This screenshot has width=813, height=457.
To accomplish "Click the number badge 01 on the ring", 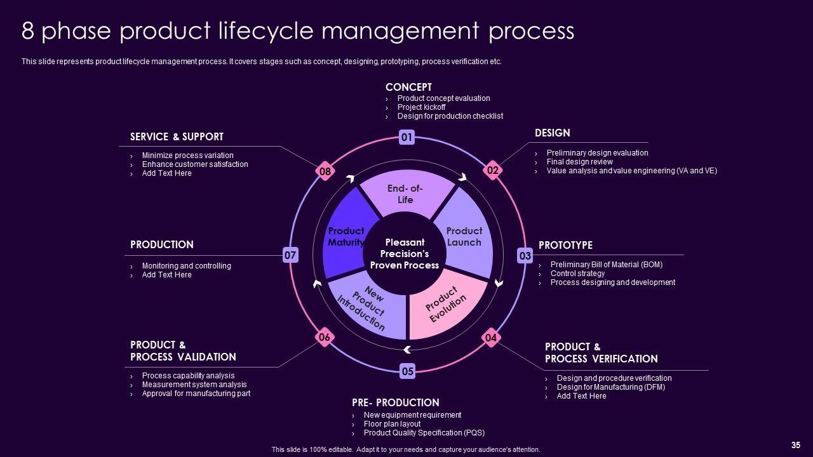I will click(x=407, y=137).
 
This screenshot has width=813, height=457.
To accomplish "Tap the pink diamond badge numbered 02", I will click(x=492, y=170).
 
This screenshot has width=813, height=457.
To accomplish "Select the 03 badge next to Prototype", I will click(x=525, y=256).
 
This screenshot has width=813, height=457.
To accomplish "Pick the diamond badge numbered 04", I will click(x=491, y=338).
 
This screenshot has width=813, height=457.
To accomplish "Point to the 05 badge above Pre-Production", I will click(x=407, y=371).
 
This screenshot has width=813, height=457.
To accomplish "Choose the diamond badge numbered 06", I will click(x=324, y=338).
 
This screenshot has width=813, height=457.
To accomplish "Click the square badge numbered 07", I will click(x=290, y=255).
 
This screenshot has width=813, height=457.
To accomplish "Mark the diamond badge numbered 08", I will click(x=325, y=171).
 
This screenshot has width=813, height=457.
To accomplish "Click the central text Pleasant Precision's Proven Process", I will click(x=405, y=253).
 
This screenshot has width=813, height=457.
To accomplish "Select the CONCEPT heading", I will click(x=408, y=87).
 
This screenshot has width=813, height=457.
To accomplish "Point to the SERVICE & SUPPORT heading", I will click(x=177, y=136).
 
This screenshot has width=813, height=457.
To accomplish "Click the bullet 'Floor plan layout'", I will click(x=392, y=424).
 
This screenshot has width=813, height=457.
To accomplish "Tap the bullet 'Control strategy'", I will click(x=577, y=274).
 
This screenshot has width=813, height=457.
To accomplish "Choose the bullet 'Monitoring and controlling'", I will click(x=186, y=266).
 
